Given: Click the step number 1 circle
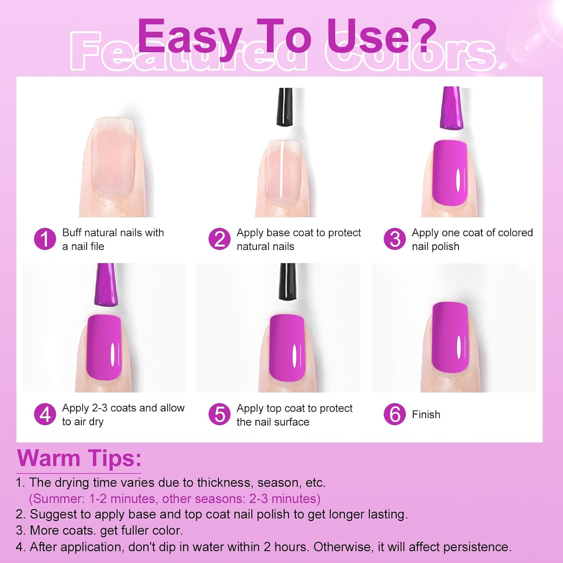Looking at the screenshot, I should [x=45, y=239].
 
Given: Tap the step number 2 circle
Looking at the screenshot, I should [x=220, y=239].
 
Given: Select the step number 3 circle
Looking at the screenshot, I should [x=395, y=239].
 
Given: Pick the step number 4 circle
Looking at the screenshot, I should [x=45, y=414].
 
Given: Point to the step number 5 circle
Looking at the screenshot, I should [x=220, y=414].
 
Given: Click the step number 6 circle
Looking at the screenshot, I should [x=395, y=414].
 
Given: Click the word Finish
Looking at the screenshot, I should [x=426, y=414].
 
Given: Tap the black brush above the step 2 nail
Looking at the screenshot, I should [x=285, y=107].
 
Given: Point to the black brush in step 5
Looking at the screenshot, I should [x=287, y=281].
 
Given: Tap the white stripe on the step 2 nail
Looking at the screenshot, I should [x=281, y=171].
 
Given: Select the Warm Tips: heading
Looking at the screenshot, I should [x=79, y=458].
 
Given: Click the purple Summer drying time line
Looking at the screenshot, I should [x=175, y=498].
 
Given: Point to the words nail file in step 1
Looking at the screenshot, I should [x=87, y=247].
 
